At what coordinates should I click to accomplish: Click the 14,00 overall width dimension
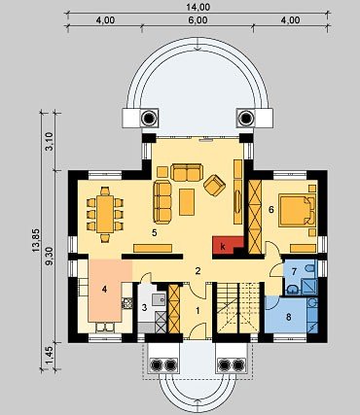point(199,7)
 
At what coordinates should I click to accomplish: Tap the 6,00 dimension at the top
point(198,20)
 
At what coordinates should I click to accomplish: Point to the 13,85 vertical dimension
point(36,241)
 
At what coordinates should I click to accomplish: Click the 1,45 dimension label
point(50,355)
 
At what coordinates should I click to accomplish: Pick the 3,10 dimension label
point(50,141)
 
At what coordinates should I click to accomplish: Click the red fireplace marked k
point(228,245)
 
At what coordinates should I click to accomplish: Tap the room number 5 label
point(155,232)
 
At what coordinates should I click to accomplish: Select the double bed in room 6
point(297,210)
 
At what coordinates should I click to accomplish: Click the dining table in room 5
point(105,214)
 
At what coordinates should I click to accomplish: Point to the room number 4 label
point(104,289)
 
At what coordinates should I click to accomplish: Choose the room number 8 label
point(288,317)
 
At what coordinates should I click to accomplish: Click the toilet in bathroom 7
point(309,267)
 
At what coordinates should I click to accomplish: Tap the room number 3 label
point(144,307)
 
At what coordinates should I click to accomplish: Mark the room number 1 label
point(198,311)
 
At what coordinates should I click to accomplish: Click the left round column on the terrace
point(149,118)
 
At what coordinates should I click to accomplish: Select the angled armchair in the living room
point(214,185)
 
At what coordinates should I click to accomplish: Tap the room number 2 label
point(198,271)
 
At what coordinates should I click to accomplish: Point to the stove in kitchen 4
point(126,303)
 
